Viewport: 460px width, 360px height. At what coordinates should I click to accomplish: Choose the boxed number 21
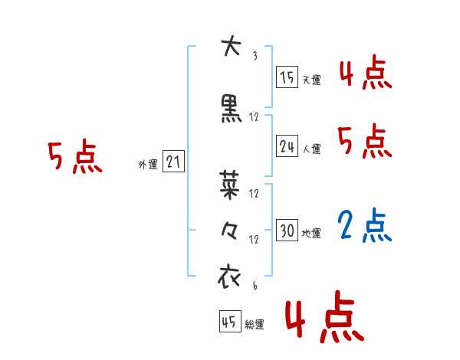pos(173,162)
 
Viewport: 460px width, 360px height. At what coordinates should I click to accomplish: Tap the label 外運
pos(147,164)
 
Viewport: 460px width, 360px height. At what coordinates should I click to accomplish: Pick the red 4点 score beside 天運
pos(365,74)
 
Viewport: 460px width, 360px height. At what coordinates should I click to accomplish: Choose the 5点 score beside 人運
pos(365,142)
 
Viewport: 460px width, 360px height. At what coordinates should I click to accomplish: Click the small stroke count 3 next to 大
pos(254,56)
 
